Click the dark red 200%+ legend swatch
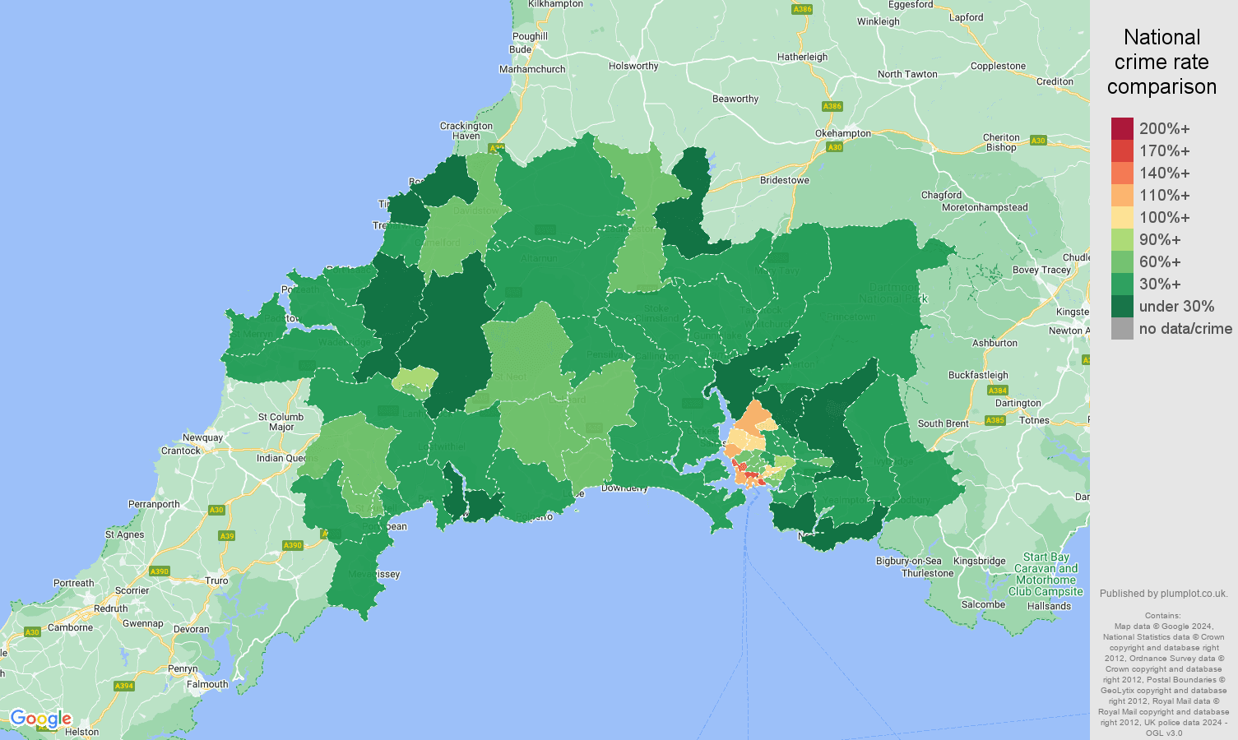1122,128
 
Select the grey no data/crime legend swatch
1122,329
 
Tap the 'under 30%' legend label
1176,307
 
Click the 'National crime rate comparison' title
1161,62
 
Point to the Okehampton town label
842,133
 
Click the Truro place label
216,580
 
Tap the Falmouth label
207,684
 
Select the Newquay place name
202,437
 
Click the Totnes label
1034,420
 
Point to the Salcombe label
983,604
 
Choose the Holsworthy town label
633,66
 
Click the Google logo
40,719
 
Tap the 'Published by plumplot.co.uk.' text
1163,593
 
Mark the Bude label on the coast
520,49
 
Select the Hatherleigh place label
802,57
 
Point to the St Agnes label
124,534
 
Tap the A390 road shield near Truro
159,571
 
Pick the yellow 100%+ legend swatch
1122,217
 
